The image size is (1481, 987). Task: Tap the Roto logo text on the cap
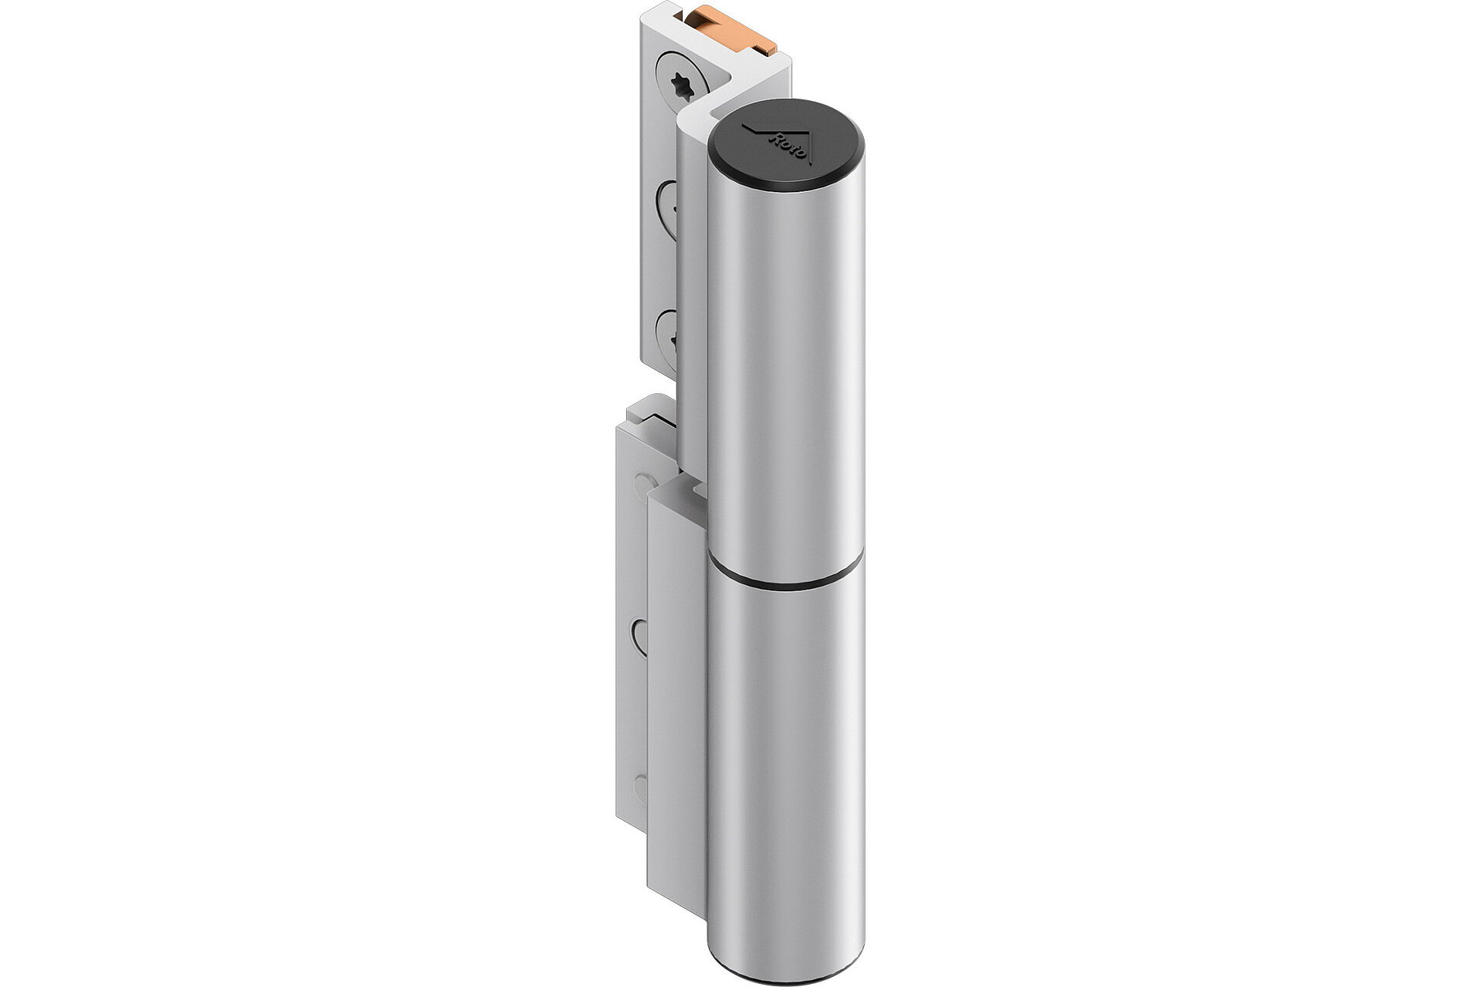[787, 147]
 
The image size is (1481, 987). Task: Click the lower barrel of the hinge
[785, 771]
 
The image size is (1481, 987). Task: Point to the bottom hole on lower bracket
[640, 790]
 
